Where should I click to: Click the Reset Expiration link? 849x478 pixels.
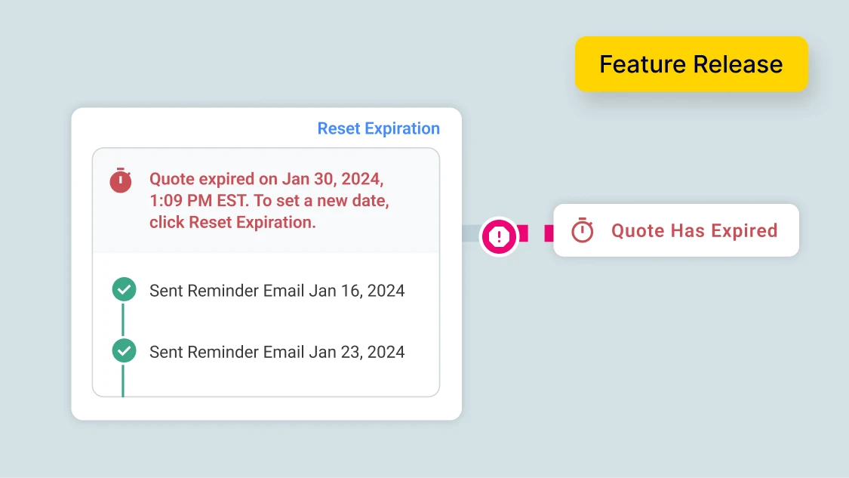378,128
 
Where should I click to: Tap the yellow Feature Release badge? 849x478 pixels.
691,64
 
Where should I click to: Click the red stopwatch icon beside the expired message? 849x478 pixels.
121,180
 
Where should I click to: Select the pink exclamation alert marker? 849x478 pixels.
499,237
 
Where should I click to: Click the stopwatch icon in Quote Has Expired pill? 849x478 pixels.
583,230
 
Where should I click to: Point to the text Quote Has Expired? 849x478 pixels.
694,230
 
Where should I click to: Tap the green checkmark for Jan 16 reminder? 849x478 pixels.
124,290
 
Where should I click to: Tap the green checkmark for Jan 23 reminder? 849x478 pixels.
124,351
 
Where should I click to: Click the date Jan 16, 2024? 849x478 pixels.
356,290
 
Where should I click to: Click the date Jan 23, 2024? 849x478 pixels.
356,351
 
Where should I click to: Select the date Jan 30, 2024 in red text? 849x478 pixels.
332,179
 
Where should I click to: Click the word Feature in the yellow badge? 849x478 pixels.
641,64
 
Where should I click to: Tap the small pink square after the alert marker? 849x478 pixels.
549,233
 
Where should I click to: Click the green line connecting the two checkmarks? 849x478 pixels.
123,320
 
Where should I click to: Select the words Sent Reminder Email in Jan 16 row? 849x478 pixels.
226,290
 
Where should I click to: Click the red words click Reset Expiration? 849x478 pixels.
232,222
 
